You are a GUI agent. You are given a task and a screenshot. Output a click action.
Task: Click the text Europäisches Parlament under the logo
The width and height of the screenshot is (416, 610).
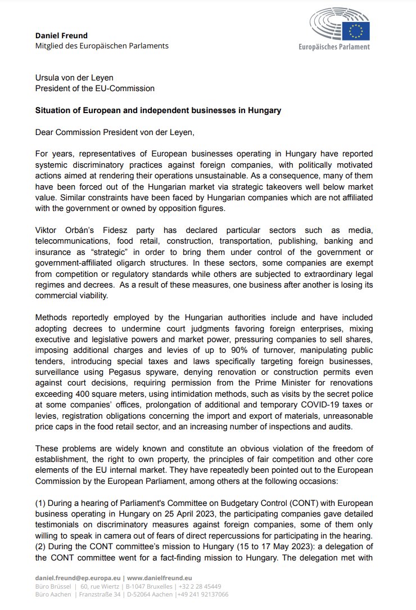334,47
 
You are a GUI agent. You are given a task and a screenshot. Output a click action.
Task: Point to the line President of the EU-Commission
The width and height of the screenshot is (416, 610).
94,88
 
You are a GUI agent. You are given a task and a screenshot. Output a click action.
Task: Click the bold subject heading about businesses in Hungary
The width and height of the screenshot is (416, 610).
158,110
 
